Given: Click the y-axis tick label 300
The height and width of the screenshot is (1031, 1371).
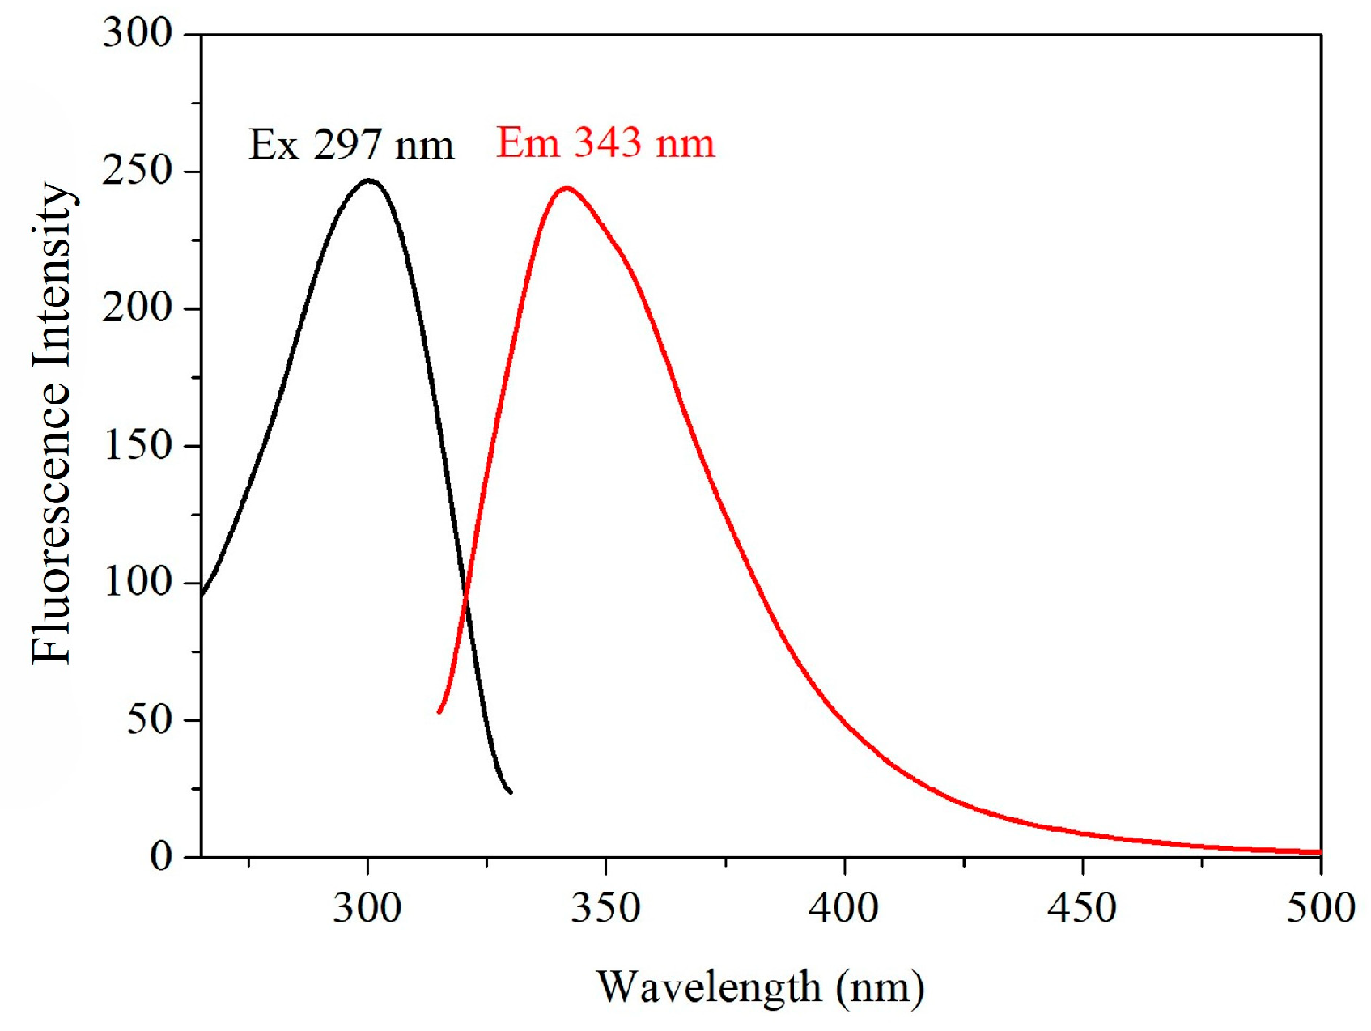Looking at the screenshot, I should [138, 34].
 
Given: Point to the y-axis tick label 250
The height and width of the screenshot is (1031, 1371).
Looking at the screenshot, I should [138, 171].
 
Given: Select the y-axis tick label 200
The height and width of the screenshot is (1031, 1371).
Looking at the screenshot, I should [138, 308].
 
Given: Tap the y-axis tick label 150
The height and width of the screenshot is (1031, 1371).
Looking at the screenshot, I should [138, 445].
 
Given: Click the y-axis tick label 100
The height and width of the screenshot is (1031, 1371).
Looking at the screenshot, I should [138, 582].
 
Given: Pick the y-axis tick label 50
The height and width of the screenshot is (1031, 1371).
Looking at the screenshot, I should [149, 719].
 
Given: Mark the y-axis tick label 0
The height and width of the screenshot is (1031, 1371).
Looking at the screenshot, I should [161, 856].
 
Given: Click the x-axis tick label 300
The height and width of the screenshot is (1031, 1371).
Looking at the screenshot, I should [367, 908].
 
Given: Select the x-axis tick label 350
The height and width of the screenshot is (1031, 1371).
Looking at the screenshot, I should [605, 908].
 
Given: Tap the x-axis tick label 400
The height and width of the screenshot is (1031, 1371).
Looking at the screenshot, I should [843, 908].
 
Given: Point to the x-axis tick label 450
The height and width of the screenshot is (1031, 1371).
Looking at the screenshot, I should [1082, 908].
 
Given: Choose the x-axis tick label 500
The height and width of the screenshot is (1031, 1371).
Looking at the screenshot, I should [1320, 908].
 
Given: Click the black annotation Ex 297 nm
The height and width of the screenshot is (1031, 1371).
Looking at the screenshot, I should [351, 146].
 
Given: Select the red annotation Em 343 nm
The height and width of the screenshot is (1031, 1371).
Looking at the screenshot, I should [605, 143].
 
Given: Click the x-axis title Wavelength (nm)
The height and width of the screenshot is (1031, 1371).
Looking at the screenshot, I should [760, 987].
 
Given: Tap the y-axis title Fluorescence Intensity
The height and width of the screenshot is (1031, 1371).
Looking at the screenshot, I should [52, 422].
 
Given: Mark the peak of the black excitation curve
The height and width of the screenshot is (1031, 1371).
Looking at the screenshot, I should [369, 180].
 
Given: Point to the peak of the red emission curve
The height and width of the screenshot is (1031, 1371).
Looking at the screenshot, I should [567, 189].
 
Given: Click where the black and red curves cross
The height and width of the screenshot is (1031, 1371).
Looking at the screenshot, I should [466, 599].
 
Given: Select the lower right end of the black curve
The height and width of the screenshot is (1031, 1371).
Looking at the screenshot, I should [510, 791].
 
